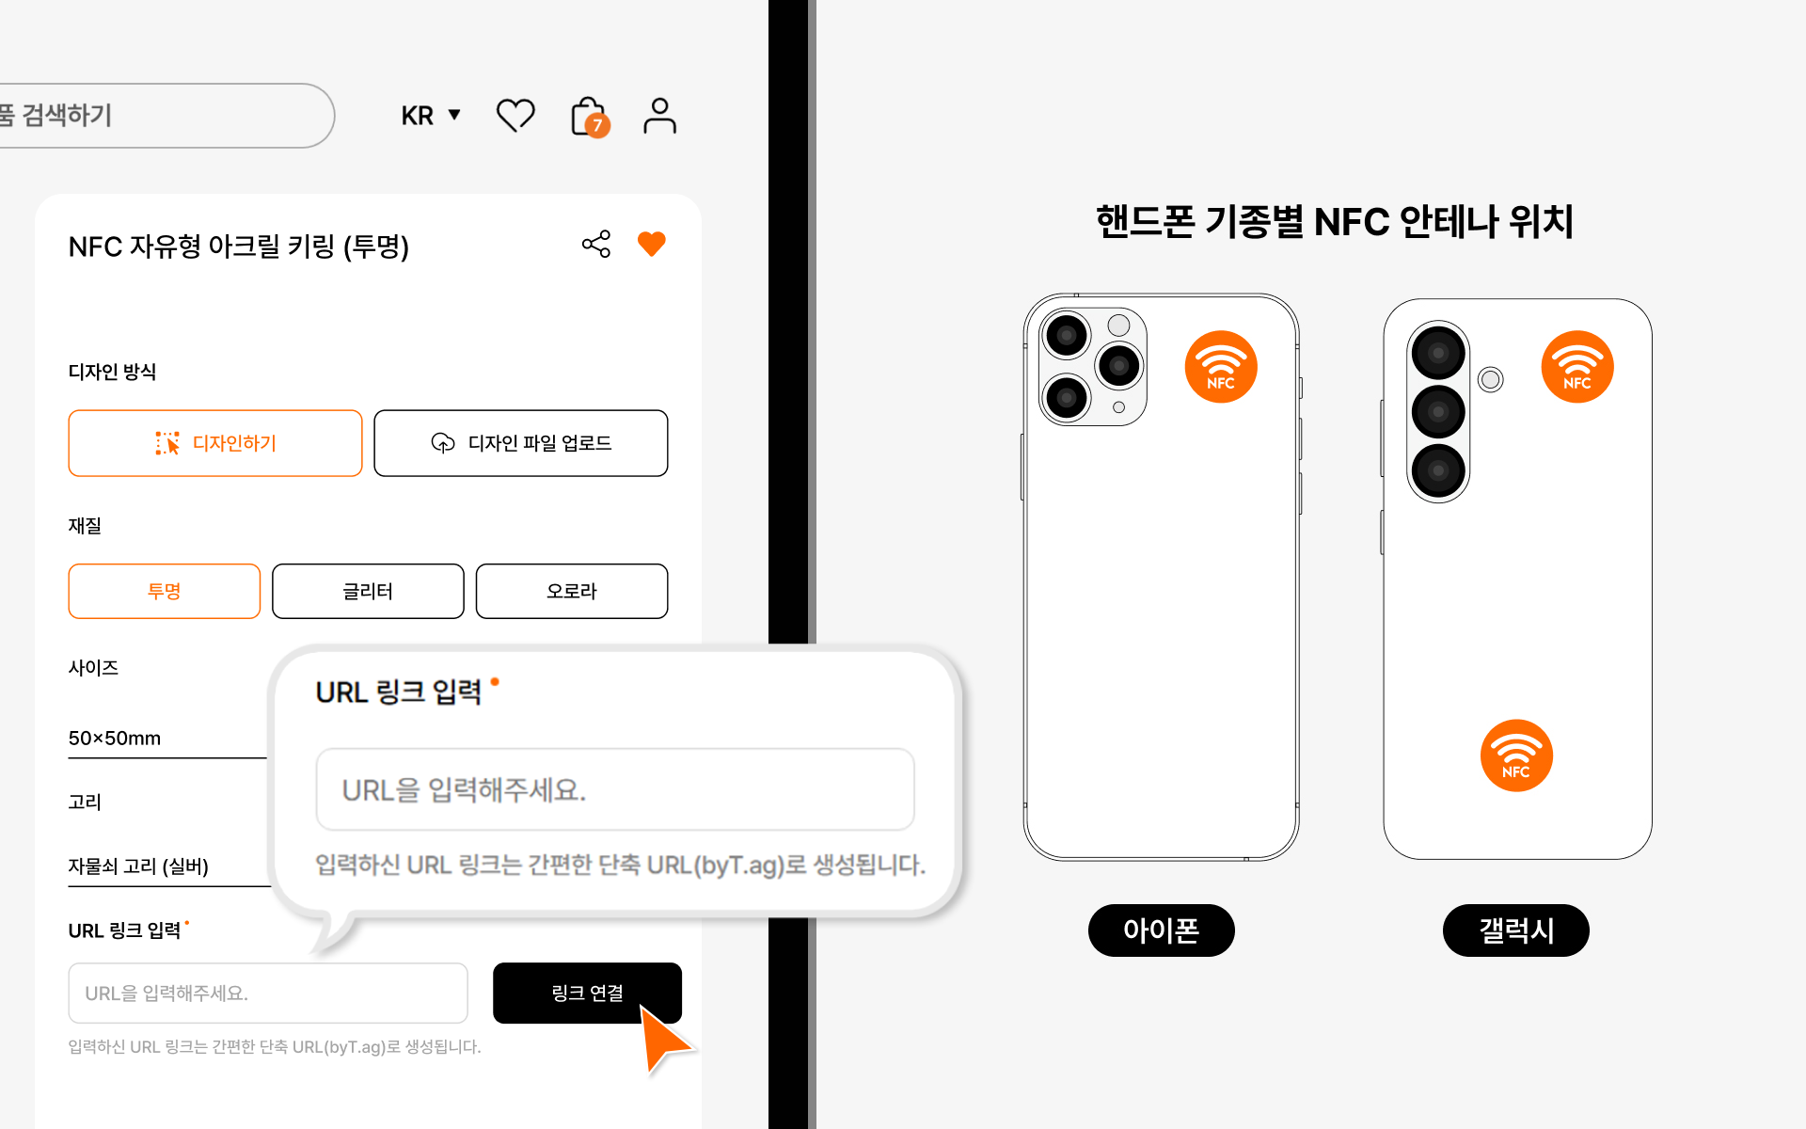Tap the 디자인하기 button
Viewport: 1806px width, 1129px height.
215,443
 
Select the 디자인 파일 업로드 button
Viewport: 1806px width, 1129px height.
520,443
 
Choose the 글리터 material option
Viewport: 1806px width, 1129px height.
368,591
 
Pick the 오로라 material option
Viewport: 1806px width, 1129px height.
571,591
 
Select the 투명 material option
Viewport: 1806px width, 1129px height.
164,591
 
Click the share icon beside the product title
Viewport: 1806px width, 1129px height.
596,245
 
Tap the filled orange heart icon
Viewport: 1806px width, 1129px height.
651,244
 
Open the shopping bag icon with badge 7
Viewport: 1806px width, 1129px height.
589,117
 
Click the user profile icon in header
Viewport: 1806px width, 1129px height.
659,116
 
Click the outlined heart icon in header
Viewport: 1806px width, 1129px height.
515,116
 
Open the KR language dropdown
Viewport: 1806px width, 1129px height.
431,116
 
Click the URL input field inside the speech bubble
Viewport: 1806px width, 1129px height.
615,789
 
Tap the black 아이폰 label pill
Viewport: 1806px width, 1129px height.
1161,930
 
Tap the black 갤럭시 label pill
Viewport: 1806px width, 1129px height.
1515,930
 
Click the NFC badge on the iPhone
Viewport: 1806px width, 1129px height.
1221,367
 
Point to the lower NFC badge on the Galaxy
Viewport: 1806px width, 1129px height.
1516,755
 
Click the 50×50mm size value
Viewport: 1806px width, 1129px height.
115,739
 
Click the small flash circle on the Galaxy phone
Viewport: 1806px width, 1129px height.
1490,379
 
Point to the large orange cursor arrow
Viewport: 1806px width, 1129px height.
664,1039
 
